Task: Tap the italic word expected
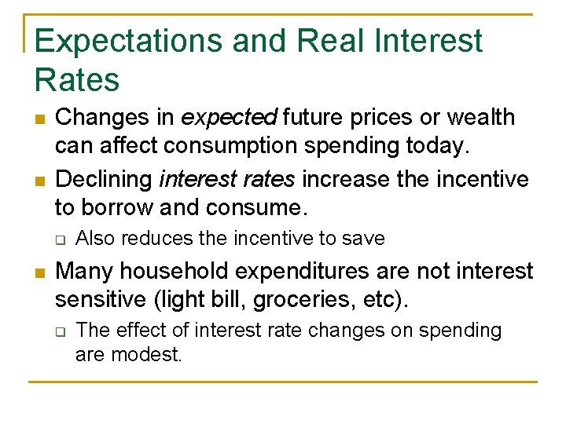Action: point(229,118)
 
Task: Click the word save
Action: point(366,238)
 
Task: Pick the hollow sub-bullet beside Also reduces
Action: point(60,239)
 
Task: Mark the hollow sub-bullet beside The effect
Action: point(60,331)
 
